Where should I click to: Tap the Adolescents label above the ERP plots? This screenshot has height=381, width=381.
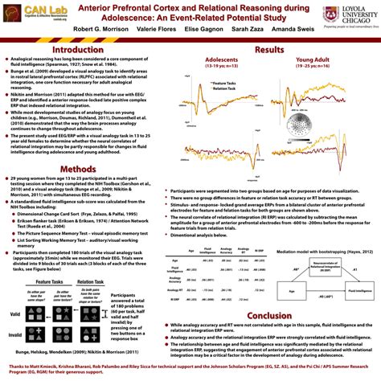(x=222, y=60)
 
